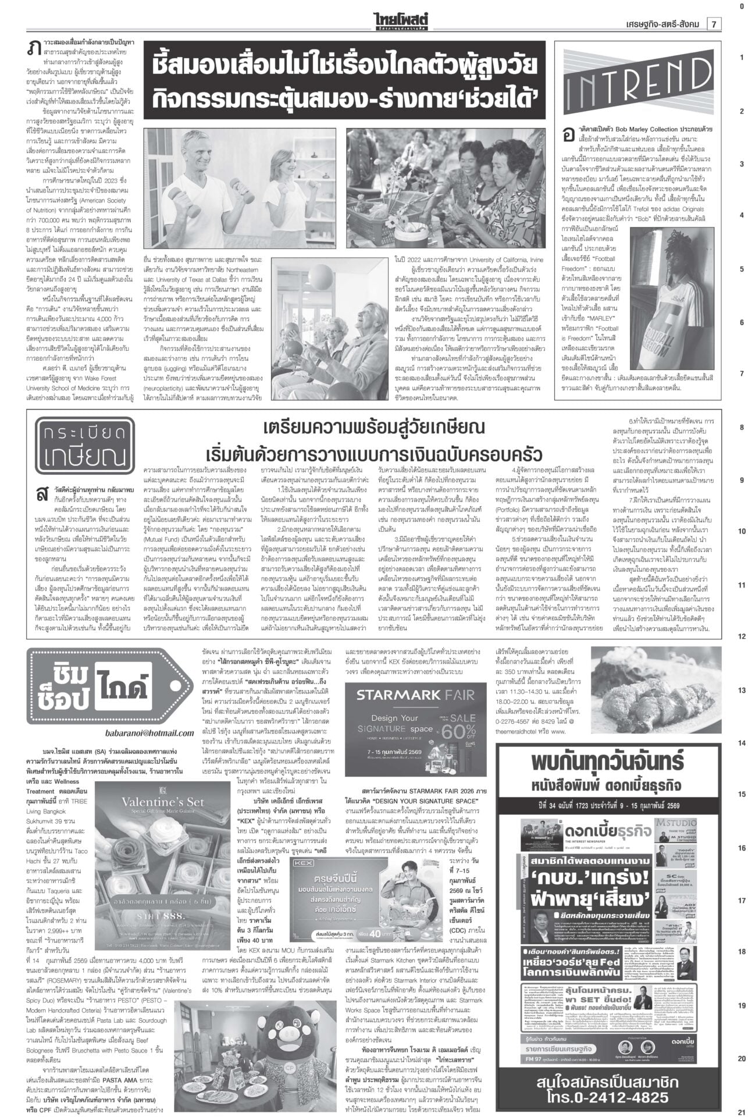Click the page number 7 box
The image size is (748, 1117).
pyautogui.click(x=713, y=23)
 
